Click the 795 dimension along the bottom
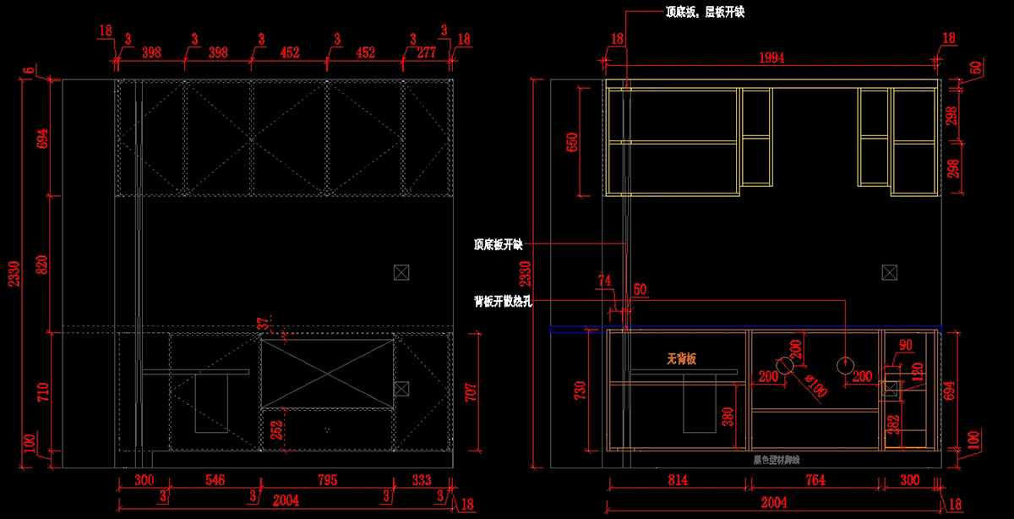coord(326,480)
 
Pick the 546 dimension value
coord(215,480)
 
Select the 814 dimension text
coord(678,480)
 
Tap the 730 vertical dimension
coord(581,390)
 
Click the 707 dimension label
coord(471,391)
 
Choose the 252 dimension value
coord(276,429)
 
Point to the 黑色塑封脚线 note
coord(776,461)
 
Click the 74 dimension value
coord(603,280)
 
